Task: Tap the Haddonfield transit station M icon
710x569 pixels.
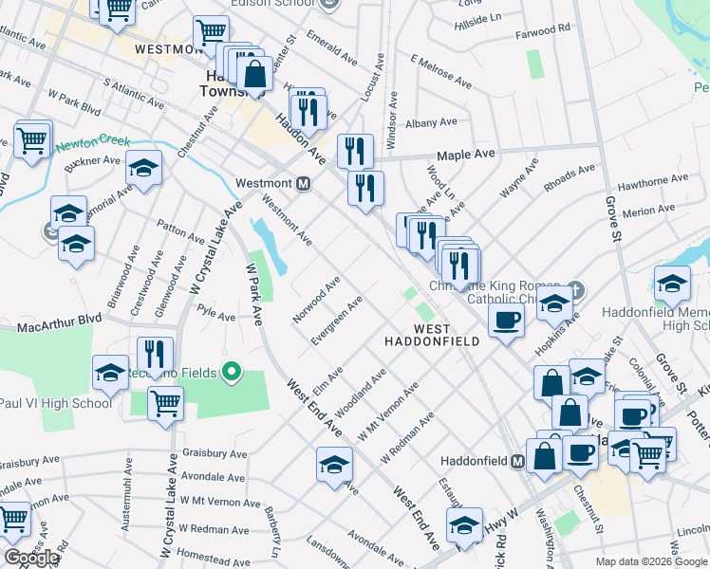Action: [x=518, y=461]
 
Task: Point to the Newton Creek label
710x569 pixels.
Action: [x=92, y=143]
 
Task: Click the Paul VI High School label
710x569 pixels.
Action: [x=56, y=403]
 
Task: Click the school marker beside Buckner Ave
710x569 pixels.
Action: [x=143, y=169]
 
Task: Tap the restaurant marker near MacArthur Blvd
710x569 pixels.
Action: [x=154, y=355]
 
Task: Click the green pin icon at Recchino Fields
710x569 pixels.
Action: [x=229, y=369]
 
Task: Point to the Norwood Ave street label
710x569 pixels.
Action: [x=316, y=300]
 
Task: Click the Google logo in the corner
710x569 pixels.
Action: [x=31, y=558]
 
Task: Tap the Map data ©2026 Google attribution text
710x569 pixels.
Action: [x=650, y=561]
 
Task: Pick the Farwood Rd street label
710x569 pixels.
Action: [x=543, y=29]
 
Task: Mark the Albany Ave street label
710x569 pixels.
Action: [x=431, y=122]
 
